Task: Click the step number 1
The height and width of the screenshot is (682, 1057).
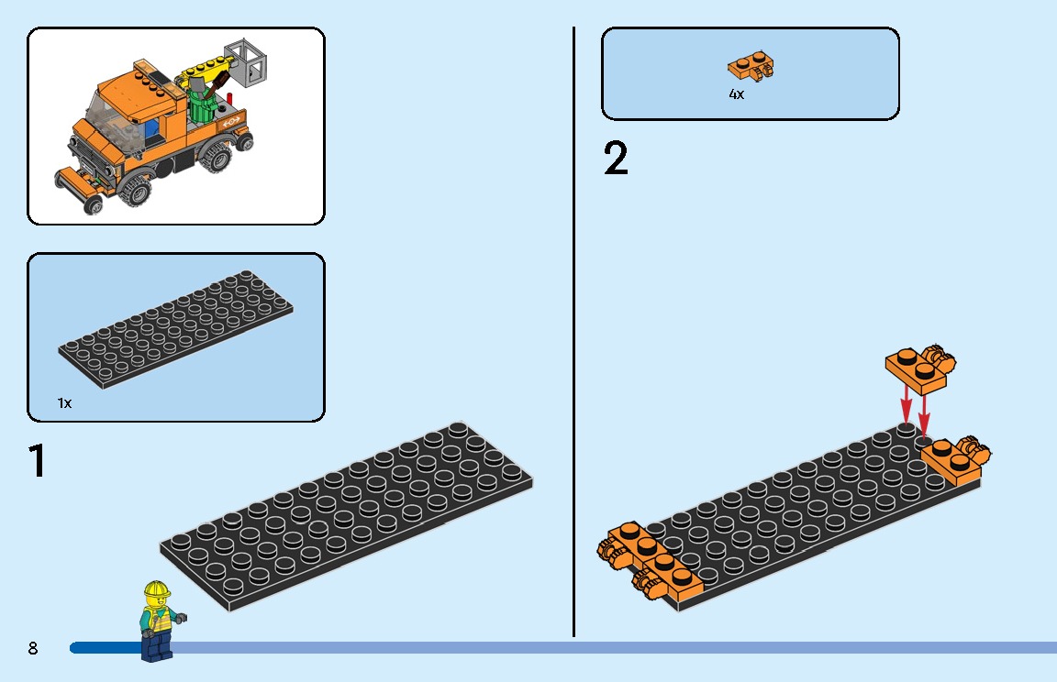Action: click(x=37, y=461)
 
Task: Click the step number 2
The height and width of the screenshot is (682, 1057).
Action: click(x=616, y=159)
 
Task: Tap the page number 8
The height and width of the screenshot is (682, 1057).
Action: click(x=33, y=648)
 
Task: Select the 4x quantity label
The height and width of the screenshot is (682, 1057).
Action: click(x=736, y=94)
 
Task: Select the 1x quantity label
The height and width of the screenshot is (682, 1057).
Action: click(x=65, y=403)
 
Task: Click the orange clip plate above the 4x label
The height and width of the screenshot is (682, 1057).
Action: click(x=751, y=66)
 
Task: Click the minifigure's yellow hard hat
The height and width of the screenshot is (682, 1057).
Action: click(x=156, y=589)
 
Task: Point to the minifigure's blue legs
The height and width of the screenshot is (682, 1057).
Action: click(x=157, y=647)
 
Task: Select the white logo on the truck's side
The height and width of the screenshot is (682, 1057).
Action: click(x=231, y=121)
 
